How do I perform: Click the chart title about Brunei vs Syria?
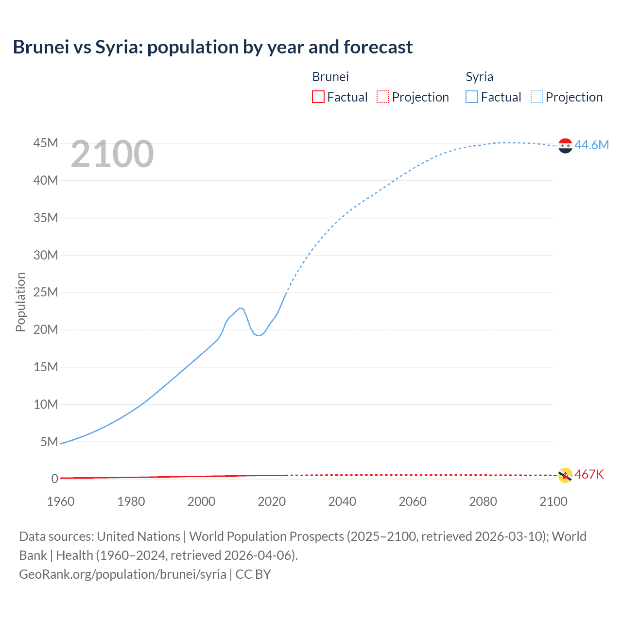point(212,47)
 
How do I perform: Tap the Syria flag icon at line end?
point(565,145)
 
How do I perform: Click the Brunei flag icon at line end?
point(565,475)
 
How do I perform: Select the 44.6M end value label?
point(591,145)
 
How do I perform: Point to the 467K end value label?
point(589,474)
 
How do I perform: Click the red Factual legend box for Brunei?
point(318,97)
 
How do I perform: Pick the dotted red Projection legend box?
point(383,97)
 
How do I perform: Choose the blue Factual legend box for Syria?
point(472,97)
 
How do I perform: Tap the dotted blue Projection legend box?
point(537,97)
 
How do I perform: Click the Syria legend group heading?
point(479,77)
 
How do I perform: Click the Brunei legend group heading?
point(330,77)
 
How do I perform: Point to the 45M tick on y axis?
point(46,143)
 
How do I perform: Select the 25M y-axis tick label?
point(46,292)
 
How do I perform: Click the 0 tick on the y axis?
point(54,479)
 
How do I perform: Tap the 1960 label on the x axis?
point(61,501)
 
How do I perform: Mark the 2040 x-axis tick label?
point(342,501)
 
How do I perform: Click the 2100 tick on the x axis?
point(553,501)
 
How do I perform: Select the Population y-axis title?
point(20,302)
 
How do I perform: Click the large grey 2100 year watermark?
point(112,154)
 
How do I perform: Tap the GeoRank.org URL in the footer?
point(122,574)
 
